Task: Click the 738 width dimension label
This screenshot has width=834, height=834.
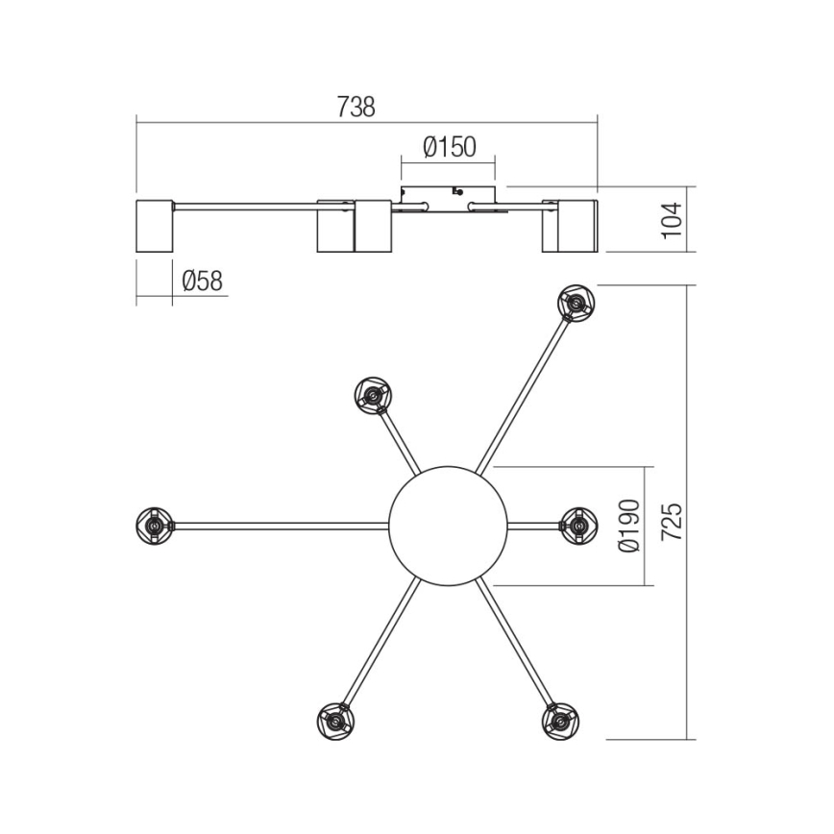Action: [x=356, y=108]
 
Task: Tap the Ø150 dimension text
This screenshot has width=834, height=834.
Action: [x=449, y=148]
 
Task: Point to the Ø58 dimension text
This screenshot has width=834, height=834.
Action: [x=202, y=282]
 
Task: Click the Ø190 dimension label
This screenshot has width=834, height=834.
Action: [x=629, y=526]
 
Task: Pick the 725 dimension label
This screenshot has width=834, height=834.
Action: [x=674, y=520]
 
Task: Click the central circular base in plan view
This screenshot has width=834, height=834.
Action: [x=447, y=525]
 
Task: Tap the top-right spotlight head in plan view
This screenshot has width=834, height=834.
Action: [x=576, y=304]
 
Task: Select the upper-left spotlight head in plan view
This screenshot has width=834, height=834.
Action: [x=373, y=394]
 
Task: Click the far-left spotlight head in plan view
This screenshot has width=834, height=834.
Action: [x=154, y=525]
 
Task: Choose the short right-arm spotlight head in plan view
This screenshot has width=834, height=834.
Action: [x=577, y=525]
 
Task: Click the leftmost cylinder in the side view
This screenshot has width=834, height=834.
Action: [x=154, y=227]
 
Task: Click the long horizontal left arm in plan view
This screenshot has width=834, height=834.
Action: [x=279, y=526]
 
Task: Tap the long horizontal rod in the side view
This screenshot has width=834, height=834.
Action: [x=245, y=205]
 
